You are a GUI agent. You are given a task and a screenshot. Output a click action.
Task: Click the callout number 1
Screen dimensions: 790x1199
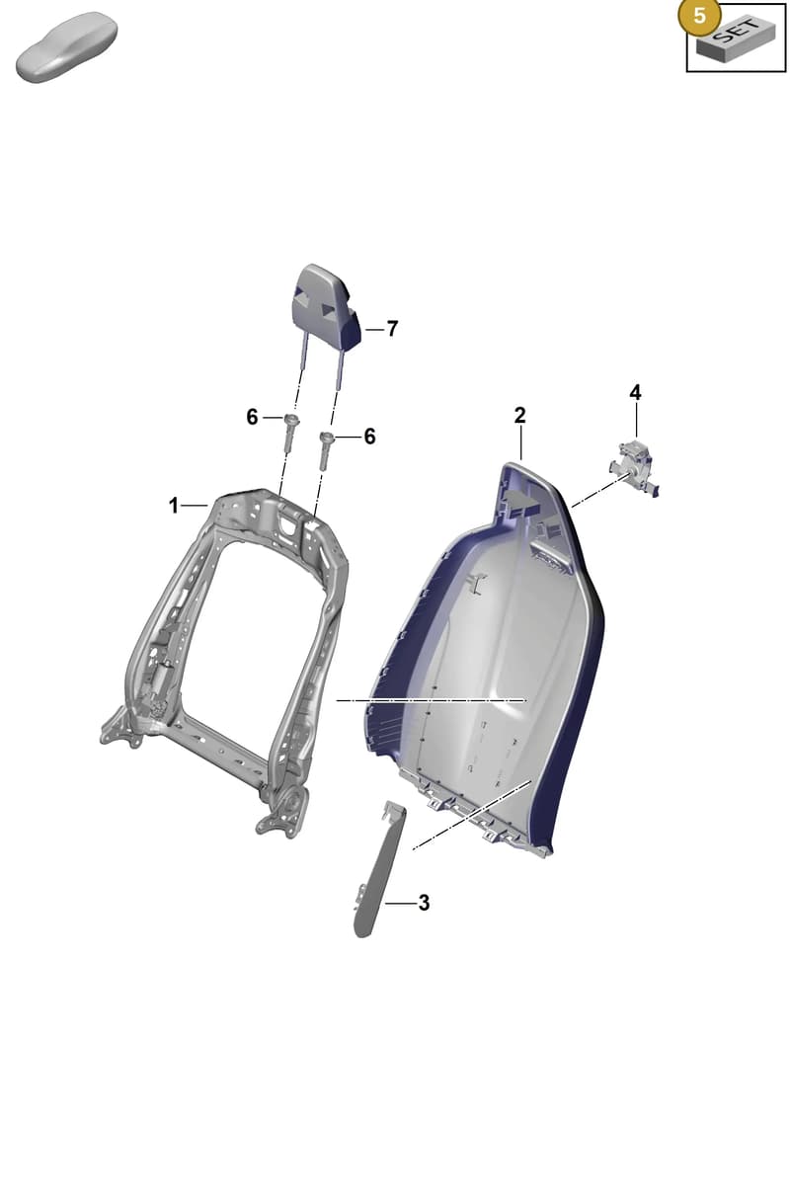(173, 506)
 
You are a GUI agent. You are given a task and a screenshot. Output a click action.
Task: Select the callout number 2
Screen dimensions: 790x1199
(519, 416)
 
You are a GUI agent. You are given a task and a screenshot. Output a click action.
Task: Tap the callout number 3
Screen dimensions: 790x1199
(424, 903)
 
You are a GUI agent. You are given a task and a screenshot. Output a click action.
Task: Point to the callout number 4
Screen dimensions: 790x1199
(635, 393)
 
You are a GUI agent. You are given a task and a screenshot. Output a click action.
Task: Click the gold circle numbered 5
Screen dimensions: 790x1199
(699, 16)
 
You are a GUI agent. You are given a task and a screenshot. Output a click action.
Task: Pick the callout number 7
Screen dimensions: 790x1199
(393, 329)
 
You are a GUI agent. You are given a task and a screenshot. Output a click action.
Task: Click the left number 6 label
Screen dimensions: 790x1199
(252, 417)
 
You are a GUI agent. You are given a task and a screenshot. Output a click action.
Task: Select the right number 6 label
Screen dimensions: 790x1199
(370, 437)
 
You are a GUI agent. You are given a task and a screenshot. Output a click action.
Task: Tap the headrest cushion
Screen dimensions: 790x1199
(326, 307)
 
